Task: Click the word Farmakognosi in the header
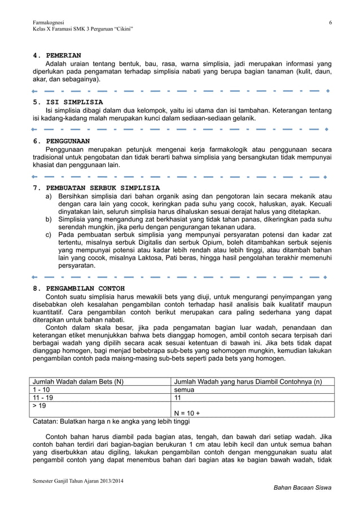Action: pos(49,21)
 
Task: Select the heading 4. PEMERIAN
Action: pos(57,55)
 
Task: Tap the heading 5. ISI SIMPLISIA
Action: pos(68,102)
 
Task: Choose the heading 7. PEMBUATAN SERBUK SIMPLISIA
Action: pos(96,187)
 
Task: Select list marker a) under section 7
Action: pos(49,196)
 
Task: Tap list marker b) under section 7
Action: pos(49,219)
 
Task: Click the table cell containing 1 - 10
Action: pos(41,389)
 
